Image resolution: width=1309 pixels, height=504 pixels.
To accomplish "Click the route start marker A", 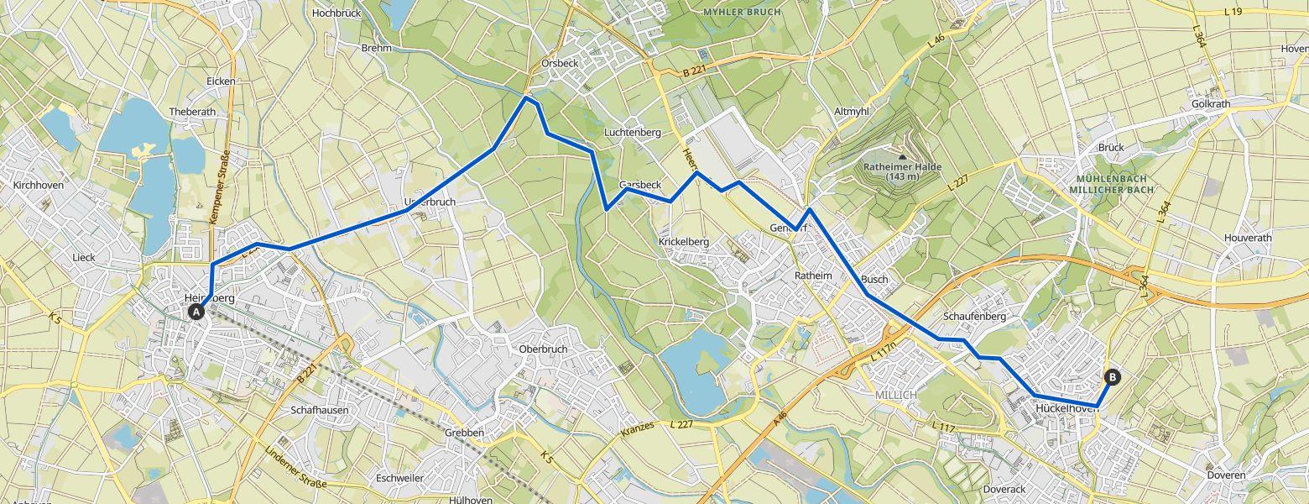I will click(x=196, y=312).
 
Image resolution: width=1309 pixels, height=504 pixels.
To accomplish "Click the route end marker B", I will click(x=1113, y=377).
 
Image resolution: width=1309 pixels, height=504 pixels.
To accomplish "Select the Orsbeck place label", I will click(x=558, y=64).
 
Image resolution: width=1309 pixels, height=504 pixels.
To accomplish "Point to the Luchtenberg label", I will click(x=633, y=133).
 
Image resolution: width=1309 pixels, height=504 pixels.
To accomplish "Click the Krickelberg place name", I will click(x=683, y=242).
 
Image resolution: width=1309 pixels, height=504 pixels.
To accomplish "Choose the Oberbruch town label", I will click(x=544, y=349).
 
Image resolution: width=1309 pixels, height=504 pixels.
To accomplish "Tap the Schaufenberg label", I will click(x=974, y=317).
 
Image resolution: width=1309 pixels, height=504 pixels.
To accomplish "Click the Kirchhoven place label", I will click(x=39, y=185).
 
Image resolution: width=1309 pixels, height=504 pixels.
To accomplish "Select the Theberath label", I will click(x=192, y=112).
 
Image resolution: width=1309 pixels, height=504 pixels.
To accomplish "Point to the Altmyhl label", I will click(x=853, y=112).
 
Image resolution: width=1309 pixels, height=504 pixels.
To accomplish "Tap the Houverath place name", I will click(x=1248, y=238).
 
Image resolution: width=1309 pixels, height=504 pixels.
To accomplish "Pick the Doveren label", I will click(x=1226, y=475).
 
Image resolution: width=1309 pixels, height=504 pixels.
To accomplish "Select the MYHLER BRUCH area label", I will click(x=742, y=13).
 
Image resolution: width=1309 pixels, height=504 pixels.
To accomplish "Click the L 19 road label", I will click(x=1232, y=12).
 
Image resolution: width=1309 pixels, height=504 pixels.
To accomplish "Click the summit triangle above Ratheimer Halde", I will click(x=902, y=156).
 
